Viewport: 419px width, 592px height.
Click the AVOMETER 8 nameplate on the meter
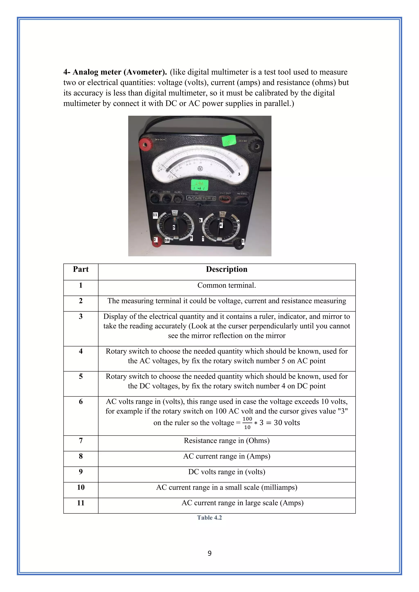pos(201,198)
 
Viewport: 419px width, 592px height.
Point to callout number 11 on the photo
pos(155,215)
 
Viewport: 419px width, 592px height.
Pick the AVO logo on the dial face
pos(200,169)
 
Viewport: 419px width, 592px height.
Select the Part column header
pos(81,269)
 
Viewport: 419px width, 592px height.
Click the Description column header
pos(226,269)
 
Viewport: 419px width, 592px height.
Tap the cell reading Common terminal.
pos(226,285)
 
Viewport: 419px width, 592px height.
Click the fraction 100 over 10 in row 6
pos(247,423)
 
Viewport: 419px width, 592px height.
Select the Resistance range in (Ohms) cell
pos(226,441)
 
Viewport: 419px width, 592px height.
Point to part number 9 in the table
pos(81,472)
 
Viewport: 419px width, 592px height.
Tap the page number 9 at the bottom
pos(209,553)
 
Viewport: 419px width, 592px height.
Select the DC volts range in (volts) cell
pos(226,472)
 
